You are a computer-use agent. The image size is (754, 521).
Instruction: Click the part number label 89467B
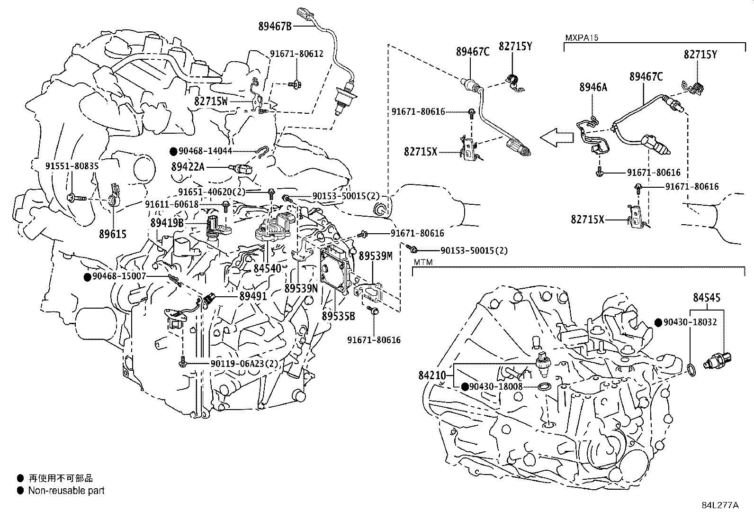275,27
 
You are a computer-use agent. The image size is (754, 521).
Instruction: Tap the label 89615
113,234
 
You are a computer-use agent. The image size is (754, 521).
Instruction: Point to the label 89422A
188,167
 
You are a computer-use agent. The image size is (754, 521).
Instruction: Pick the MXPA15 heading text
578,37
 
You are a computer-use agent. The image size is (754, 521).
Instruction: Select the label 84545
707,298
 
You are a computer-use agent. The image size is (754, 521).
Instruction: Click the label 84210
432,375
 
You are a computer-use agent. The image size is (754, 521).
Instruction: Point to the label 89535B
338,315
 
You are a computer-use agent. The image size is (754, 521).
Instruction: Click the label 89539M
376,256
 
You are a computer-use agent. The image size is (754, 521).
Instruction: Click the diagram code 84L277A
720,505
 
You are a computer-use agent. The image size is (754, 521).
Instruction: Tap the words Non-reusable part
66,491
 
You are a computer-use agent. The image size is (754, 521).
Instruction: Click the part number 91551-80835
72,166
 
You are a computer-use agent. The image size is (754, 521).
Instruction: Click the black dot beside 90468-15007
87,277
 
